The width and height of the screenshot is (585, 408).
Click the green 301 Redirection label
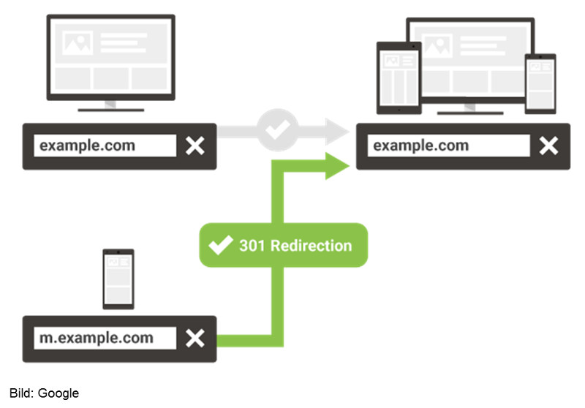[283, 246]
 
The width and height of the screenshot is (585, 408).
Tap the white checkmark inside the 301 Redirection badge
[220, 246]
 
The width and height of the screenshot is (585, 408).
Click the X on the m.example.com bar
[195, 339]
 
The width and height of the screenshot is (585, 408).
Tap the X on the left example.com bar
[195, 146]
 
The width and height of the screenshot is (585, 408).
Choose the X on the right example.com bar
[548, 146]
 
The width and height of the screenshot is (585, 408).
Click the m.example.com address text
[97, 339]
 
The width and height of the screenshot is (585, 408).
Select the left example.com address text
[88, 146]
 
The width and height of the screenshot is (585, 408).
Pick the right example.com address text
[421, 146]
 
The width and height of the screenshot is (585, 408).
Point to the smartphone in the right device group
[540, 83]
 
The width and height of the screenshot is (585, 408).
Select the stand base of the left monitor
[110, 110]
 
